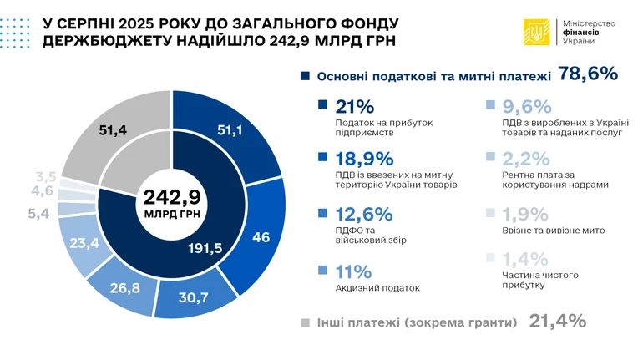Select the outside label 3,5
tap(46, 176)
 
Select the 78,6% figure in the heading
tap(588, 74)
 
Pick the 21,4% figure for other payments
tap(556, 322)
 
